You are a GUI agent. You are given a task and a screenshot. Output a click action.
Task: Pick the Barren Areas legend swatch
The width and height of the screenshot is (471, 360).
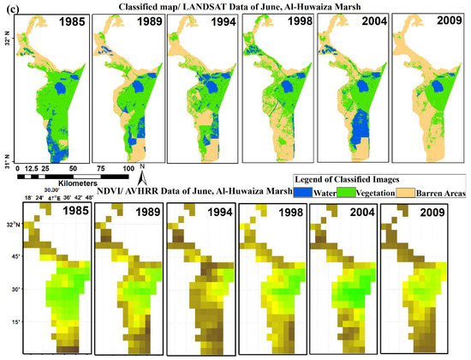pyautogui.click(x=403, y=194)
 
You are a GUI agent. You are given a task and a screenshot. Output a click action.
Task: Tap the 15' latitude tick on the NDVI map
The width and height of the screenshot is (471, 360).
pyautogui.click(x=15, y=321)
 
